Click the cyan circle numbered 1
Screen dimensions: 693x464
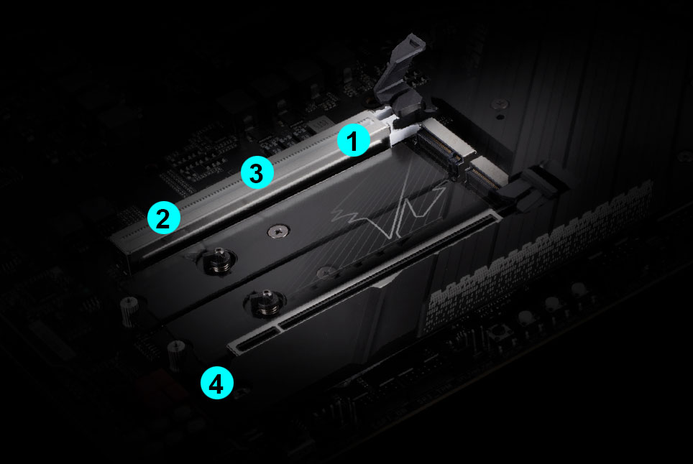[x=354, y=140]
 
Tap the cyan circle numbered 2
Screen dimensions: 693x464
[x=163, y=218]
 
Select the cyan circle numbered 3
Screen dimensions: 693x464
[x=257, y=172]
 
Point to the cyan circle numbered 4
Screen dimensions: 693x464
[x=216, y=383]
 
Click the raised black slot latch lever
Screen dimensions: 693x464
[x=400, y=82]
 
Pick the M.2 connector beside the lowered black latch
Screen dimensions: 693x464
[x=486, y=177]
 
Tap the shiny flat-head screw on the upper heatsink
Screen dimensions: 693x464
[x=278, y=231]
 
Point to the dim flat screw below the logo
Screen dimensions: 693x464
[x=326, y=272]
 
